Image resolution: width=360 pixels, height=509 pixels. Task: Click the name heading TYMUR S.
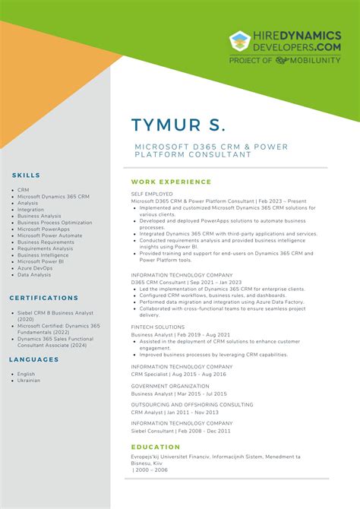pos(178,125)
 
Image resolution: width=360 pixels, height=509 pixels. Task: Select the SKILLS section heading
pos(27,175)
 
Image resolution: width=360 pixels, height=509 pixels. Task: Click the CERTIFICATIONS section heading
pos(45,298)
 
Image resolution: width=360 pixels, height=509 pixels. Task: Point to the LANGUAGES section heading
pos(34,359)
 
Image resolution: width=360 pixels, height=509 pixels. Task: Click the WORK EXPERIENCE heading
pos(171,182)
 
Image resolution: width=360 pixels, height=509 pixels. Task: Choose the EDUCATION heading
pos(156,447)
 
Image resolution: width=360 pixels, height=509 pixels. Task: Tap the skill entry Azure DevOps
pos(35,268)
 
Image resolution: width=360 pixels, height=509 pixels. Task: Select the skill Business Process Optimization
pos(55,223)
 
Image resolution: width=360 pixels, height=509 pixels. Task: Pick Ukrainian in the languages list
pos(29,380)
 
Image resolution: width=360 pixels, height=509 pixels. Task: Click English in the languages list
pos(27,374)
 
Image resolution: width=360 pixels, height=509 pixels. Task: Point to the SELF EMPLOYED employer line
pos(152,194)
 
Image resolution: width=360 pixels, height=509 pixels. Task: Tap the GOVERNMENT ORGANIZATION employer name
pos(170,386)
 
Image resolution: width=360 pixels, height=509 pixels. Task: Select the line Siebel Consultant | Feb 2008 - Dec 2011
pos(180,431)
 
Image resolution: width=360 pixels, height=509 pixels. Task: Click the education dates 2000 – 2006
pos(151,470)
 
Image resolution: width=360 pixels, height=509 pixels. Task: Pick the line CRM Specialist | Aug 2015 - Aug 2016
pos(178,375)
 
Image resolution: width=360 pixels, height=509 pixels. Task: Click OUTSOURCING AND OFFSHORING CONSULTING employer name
pos(192,405)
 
